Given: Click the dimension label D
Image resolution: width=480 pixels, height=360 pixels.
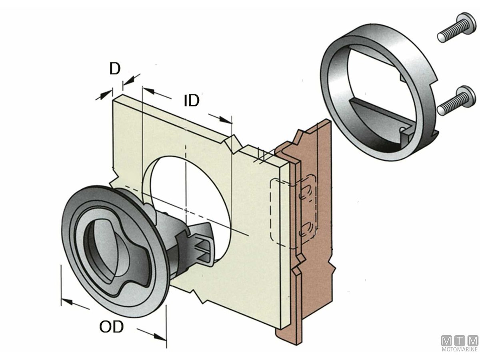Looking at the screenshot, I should [115, 69].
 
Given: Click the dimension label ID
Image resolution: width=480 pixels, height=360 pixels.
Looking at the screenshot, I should [191, 101].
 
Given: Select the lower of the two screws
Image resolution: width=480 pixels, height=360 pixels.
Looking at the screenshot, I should [456, 101].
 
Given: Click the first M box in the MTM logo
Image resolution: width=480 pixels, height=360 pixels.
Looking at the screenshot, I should [447, 341].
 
